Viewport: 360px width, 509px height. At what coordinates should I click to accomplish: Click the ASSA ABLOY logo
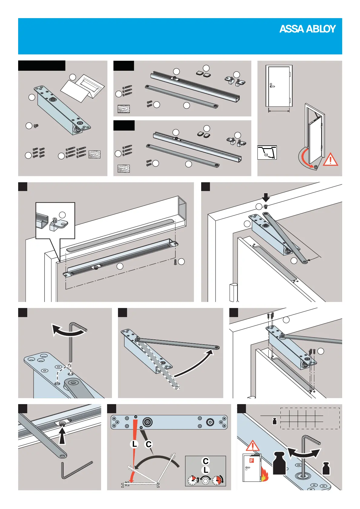(307, 29)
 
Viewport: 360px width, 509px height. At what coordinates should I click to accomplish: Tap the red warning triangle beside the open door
(330, 159)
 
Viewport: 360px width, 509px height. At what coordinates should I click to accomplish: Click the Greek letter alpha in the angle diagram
(266, 155)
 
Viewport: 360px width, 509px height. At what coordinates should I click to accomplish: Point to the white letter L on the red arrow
(134, 444)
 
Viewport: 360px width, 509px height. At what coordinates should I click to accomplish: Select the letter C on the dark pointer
(149, 444)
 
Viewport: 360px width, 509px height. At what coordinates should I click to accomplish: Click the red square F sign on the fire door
(251, 460)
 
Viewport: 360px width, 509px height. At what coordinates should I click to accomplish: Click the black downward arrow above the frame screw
(266, 198)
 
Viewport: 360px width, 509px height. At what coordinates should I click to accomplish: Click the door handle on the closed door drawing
(272, 86)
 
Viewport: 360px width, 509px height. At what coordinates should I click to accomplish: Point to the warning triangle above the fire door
(253, 446)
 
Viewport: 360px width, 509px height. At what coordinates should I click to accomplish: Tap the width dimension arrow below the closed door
(279, 111)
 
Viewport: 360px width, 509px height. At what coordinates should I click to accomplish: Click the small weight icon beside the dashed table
(275, 421)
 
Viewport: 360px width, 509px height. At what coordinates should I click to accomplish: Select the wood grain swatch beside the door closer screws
(94, 155)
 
